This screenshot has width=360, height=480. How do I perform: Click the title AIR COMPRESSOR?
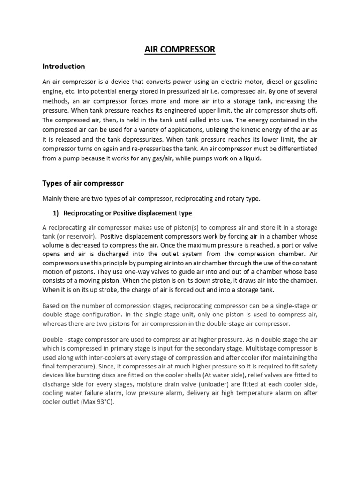click(x=180, y=49)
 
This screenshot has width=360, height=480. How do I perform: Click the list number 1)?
click(x=56, y=213)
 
